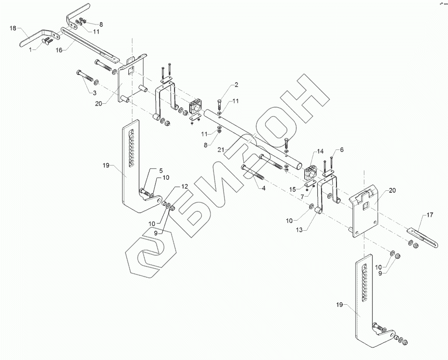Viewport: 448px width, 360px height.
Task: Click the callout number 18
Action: [13, 29]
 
